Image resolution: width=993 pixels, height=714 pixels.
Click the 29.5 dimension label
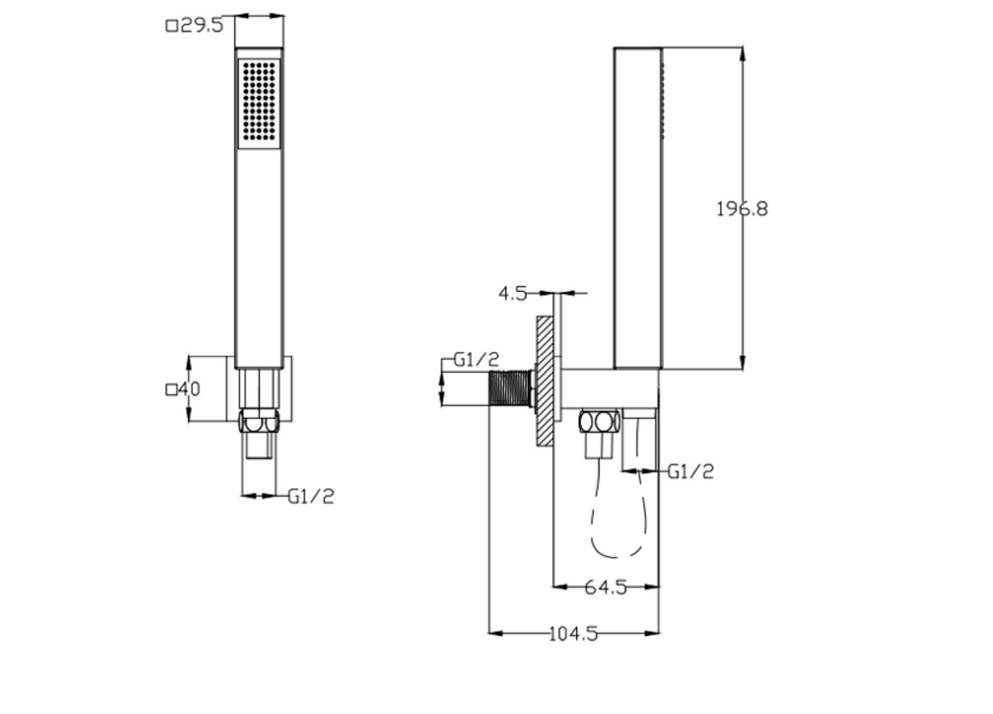click(x=200, y=25)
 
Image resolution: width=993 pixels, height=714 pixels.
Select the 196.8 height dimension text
click(x=742, y=209)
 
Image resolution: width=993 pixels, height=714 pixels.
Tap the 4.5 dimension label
click(x=513, y=294)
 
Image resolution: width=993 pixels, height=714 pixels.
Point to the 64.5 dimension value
click(x=605, y=586)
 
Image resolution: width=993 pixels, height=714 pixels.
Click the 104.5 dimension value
click(x=573, y=633)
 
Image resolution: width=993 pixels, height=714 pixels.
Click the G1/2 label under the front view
click(x=311, y=496)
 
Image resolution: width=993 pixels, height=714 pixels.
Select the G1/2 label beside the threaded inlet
click(x=476, y=360)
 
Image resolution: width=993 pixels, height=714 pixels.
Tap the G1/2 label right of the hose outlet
click(x=690, y=471)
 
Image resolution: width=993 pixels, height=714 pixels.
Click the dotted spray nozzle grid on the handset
click(x=259, y=103)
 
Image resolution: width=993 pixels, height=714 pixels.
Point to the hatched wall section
click(x=545, y=381)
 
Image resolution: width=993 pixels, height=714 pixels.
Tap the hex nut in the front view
click(x=258, y=423)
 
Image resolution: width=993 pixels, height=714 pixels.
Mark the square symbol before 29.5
click(x=172, y=26)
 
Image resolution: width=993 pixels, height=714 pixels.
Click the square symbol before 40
click(x=172, y=390)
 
